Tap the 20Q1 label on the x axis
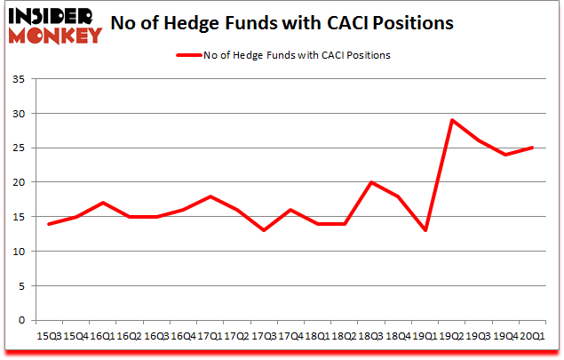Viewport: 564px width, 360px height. [x=533, y=336]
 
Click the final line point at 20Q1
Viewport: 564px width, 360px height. [x=533, y=148]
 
